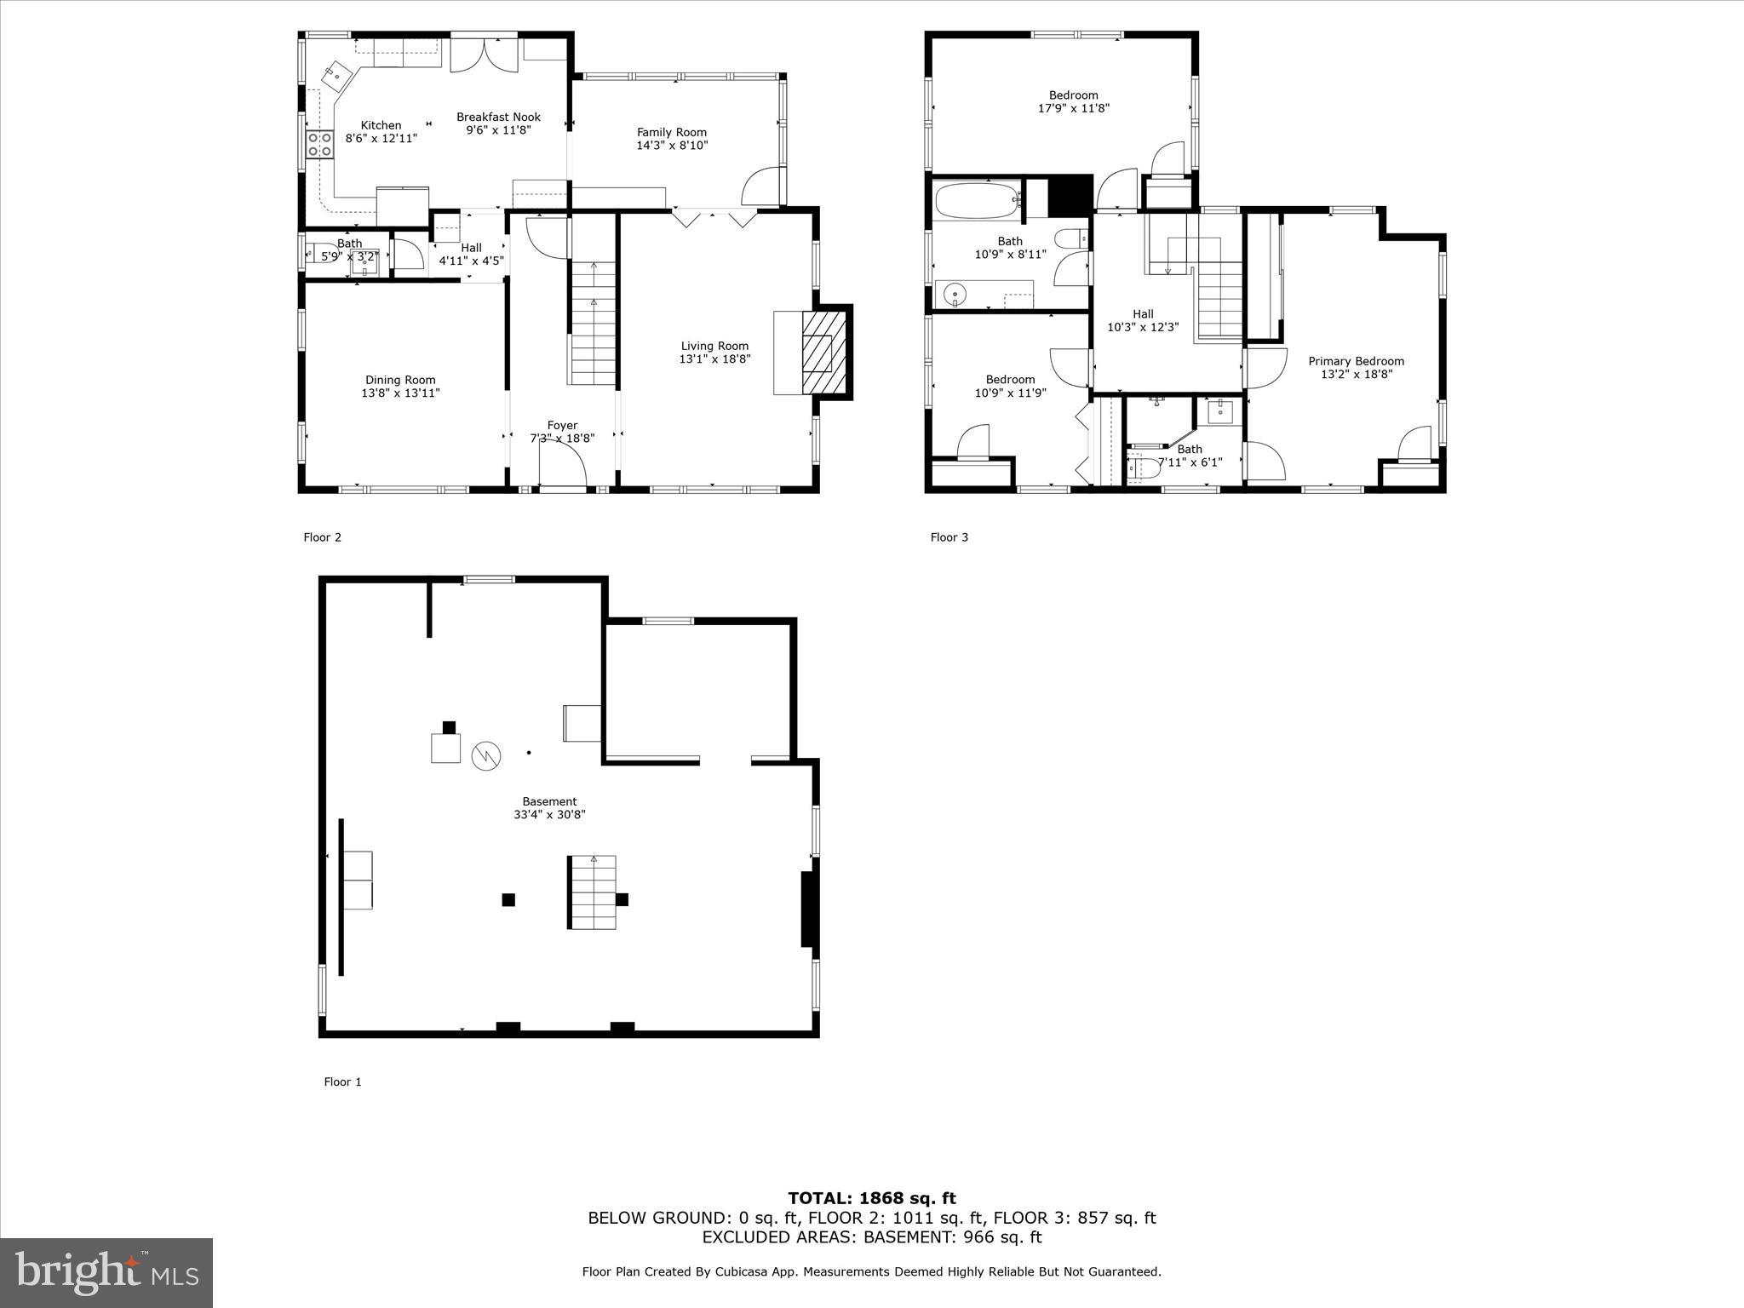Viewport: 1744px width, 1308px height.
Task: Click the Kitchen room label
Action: click(x=381, y=125)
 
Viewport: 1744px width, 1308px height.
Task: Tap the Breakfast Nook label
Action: click(x=498, y=118)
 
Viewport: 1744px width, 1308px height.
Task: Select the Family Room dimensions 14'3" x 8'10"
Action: click(x=672, y=146)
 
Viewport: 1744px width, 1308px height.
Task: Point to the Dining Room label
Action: click(x=400, y=381)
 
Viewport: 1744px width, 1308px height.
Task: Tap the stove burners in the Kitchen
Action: click(x=319, y=144)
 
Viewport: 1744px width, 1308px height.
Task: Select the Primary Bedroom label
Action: click(x=1356, y=361)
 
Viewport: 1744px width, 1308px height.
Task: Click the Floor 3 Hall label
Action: click(x=1143, y=314)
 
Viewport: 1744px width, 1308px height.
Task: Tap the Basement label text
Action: click(x=549, y=801)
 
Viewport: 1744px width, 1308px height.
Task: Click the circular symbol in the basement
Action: click(x=486, y=754)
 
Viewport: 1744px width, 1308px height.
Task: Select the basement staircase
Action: click(x=592, y=892)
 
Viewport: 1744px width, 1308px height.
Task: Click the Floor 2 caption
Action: click(x=322, y=537)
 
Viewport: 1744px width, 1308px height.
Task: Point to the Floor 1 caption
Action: click(x=342, y=1082)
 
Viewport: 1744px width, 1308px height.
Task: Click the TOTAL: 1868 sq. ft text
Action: click(x=871, y=1199)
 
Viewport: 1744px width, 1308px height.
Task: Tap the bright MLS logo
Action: click(x=106, y=1272)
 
